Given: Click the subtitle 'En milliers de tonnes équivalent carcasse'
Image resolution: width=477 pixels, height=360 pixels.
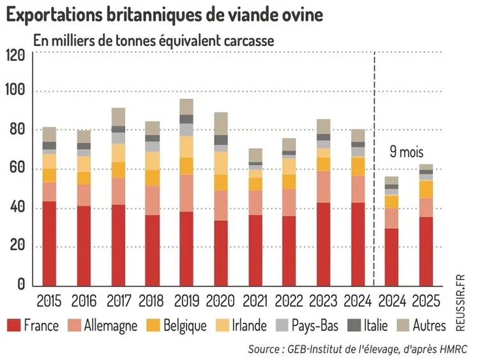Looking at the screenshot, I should pos(153,40).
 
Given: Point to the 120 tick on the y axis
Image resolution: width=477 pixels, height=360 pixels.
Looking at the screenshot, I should pos(16,54).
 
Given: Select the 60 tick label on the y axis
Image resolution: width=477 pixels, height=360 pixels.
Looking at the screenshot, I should pos(16,169).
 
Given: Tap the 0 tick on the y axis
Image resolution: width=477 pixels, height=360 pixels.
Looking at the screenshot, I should pos(20,285).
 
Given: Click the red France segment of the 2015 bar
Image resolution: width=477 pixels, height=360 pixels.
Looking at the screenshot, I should pos(50,243).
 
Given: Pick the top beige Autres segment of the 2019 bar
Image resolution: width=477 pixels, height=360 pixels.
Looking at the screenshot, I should pos(186,107).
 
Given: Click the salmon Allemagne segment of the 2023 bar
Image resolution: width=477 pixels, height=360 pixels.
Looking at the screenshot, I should pos(324,186).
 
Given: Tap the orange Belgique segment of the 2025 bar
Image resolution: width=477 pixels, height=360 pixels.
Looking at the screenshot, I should pos(425,189).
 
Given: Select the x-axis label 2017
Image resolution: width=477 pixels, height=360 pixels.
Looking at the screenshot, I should pos(118,301).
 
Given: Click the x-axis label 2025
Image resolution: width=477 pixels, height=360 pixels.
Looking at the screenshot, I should pos(425,301).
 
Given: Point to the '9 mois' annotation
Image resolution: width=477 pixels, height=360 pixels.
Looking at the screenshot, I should pos(407,153).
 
